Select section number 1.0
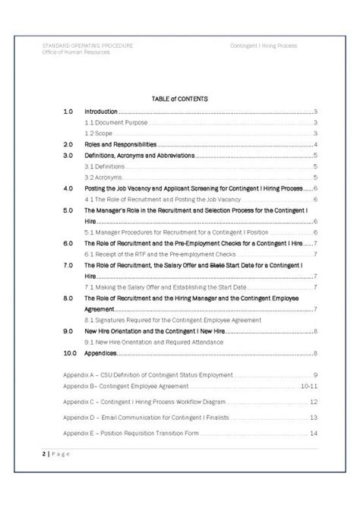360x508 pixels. pos(68,111)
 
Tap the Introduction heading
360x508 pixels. pos(101,111)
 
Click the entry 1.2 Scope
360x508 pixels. pos(99,133)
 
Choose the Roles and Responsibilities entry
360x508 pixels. pos(120,144)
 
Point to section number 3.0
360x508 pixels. pos(68,155)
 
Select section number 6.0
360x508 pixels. pos(68,243)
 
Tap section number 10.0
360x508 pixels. pos(69,353)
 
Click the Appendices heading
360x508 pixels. pos(101,353)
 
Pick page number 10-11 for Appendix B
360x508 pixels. pos(308,387)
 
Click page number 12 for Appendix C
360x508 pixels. pos(313,402)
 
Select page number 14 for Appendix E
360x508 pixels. pos(313,433)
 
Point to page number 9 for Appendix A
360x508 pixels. pos(314,376)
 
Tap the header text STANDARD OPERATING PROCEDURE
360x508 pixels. pos(87,46)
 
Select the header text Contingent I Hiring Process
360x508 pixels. pos(264,46)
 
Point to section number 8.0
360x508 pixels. pos(68,298)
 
